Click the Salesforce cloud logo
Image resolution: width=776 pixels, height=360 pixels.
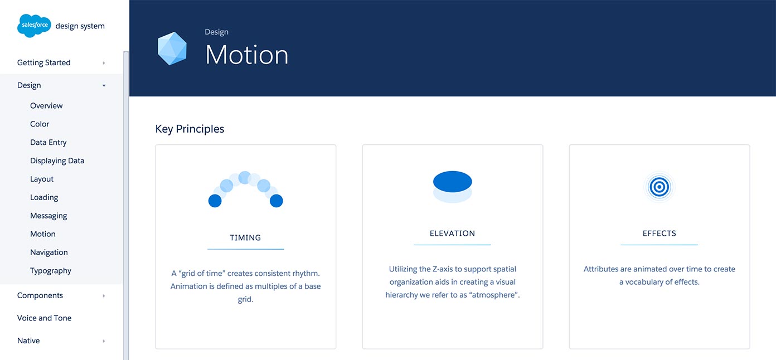pyautogui.click(x=34, y=26)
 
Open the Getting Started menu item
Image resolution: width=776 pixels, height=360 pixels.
pyautogui.click(x=43, y=62)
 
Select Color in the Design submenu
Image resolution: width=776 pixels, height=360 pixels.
pyautogui.click(x=40, y=124)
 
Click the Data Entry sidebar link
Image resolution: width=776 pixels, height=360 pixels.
pyautogui.click(x=48, y=142)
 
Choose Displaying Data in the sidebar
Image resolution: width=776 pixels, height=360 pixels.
pyautogui.click(x=57, y=160)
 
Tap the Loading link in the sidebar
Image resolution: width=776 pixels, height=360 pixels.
pyautogui.click(x=44, y=197)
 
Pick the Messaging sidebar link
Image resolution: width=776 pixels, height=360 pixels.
pyautogui.click(x=48, y=216)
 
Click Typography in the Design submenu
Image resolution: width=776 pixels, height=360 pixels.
pyautogui.click(x=51, y=271)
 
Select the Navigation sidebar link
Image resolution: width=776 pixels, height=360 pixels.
pyautogui.click(x=49, y=252)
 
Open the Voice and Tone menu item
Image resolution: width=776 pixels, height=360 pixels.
pyautogui.click(x=45, y=318)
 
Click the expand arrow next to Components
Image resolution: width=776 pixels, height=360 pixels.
pyautogui.click(x=104, y=295)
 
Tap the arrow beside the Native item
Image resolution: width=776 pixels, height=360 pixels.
pyautogui.click(x=104, y=341)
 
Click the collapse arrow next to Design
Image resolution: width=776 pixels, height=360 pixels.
pyautogui.click(x=104, y=85)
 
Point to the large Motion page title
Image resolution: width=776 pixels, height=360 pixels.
pyautogui.click(x=246, y=55)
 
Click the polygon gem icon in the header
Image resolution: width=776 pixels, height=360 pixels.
pyautogui.click(x=172, y=48)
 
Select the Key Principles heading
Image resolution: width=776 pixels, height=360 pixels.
pyautogui.click(x=190, y=129)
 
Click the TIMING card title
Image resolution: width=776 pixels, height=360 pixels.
pyautogui.click(x=245, y=238)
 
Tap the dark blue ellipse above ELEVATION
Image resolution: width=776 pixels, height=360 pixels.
pyautogui.click(x=453, y=181)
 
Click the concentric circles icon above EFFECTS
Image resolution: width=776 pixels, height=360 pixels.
pyautogui.click(x=659, y=187)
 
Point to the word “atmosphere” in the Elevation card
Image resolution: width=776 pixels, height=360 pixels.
pyautogui.click(x=494, y=295)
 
